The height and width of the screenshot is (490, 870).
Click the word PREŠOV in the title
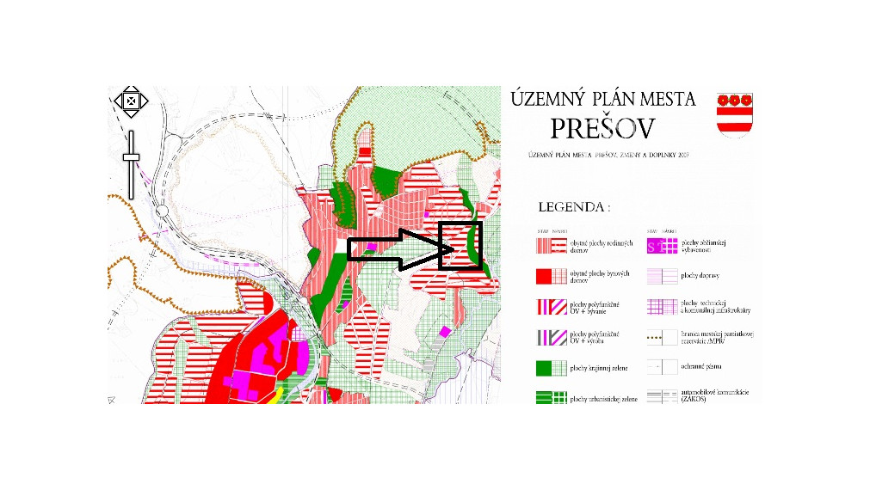pos(602,129)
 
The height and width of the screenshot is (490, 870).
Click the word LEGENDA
pos(574,207)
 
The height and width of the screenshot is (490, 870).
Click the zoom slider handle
pos(131,156)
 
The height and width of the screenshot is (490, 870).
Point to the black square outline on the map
pos(460,246)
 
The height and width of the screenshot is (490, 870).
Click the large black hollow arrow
pos(399,249)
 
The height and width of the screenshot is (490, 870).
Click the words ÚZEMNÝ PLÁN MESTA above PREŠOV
pos(602,99)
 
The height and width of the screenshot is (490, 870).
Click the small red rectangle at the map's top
pos(365,152)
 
